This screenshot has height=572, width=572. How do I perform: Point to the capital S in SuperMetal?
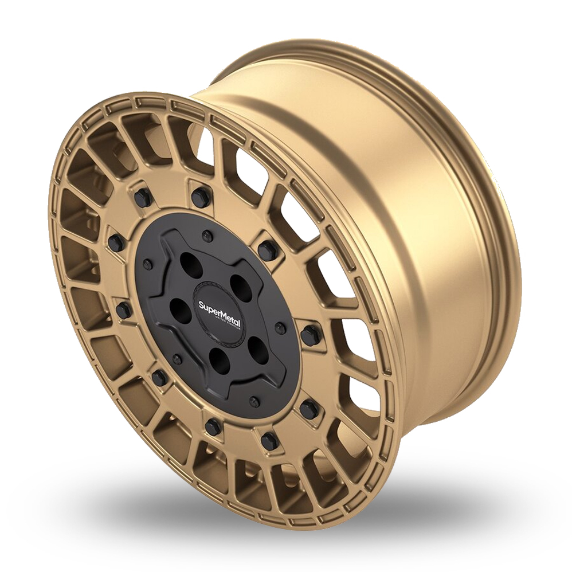click(201, 304)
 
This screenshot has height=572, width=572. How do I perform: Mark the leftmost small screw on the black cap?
click(147, 264)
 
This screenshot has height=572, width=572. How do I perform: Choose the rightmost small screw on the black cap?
click(280, 328)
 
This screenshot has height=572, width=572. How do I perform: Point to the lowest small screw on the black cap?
click(254, 401)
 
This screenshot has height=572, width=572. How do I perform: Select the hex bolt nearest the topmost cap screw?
click(200, 198)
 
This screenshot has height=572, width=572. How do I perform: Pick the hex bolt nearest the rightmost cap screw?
click(310, 336)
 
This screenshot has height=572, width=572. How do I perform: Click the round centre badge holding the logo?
click(219, 315)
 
